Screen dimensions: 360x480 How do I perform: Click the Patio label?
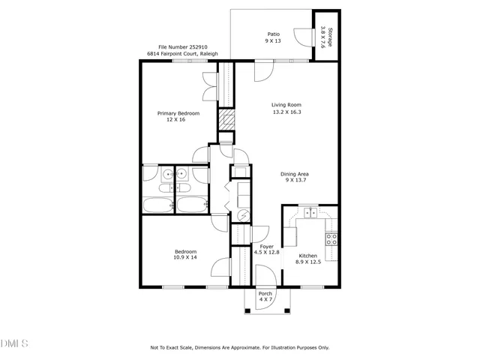(x=274, y=34)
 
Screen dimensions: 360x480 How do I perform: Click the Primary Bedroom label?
(x=178, y=113)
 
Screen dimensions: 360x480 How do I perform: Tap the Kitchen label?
(x=307, y=255)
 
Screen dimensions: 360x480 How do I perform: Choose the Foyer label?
(x=266, y=246)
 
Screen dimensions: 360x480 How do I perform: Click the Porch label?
(x=265, y=293)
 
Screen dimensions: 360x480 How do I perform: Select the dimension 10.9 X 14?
(x=185, y=258)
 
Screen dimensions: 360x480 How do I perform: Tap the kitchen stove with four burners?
(x=331, y=240)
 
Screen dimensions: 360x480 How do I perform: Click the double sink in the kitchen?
(x=309, y=213)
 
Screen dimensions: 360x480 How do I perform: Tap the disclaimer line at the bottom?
(x=240, y=348)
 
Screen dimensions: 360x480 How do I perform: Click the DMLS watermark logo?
(x=14, y=344)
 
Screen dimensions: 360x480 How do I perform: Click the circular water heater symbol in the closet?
(x=242, y=215)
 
